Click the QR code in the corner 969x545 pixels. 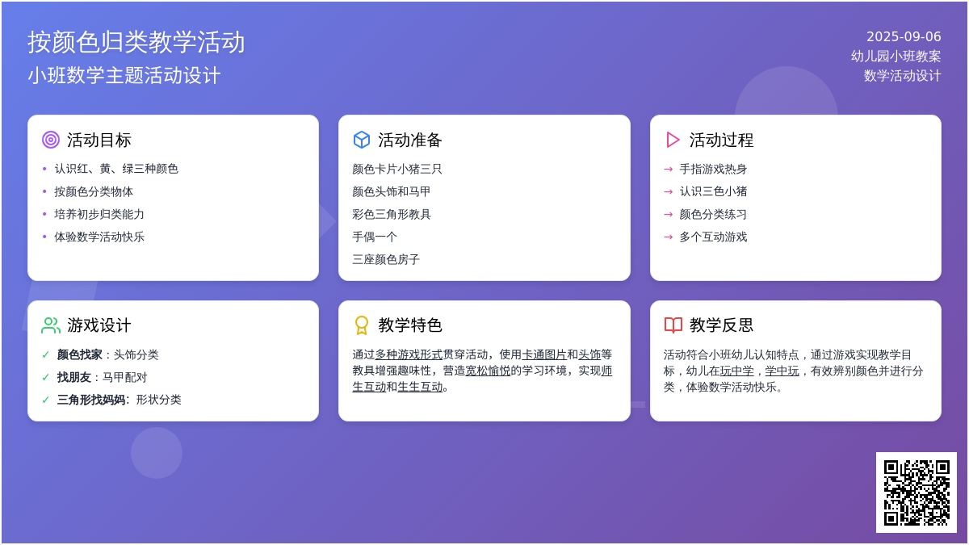pos(917,493)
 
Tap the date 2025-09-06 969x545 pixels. pos(904,37)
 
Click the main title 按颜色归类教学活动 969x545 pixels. pos(136,42)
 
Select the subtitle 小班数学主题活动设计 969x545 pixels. pos(124,75)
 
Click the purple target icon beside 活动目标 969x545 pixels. pos(51,140)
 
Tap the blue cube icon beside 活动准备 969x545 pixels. pos(362,140)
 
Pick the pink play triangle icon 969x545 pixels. pos(673,140)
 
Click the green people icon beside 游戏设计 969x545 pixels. pos(51,325)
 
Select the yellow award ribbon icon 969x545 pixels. pos(362,325)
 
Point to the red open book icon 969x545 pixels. pos(673,325)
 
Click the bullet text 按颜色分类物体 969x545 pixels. pos(94,191)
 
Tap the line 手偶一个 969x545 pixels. pos(375,237)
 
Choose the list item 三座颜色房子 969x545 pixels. pos(386,259)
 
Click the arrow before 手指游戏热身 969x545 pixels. pos(669,169)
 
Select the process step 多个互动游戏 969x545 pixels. pos(713,237)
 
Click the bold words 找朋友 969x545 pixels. pos(74,377)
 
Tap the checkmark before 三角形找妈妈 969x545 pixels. pos(46,400)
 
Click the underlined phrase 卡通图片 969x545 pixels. pos(544,354)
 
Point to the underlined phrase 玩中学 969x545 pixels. pos(736,371)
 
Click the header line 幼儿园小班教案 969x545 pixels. pos(896,57)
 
